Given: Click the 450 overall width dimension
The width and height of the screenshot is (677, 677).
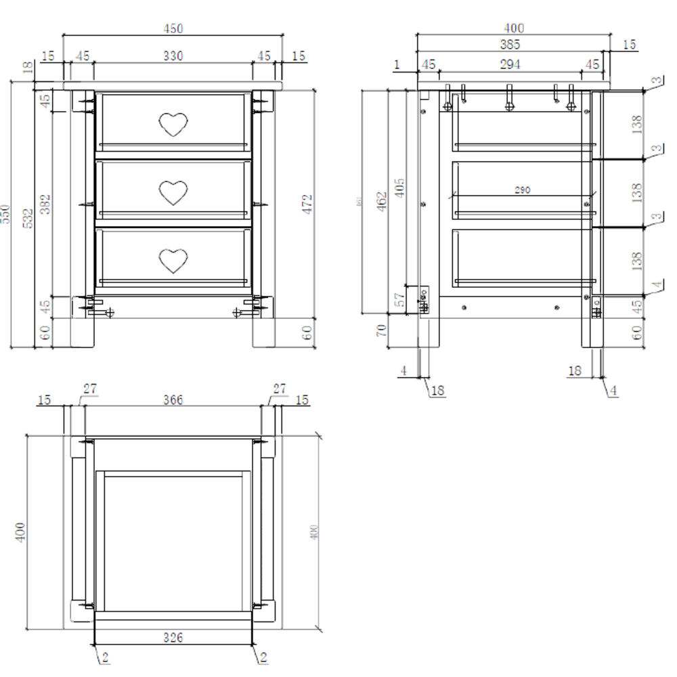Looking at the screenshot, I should coord(173,28).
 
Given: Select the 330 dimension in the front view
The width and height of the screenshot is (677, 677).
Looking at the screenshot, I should coord(173,56).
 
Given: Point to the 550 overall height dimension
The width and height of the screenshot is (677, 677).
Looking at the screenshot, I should coord(7,215).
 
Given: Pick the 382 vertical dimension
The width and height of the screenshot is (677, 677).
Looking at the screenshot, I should coord(45,203).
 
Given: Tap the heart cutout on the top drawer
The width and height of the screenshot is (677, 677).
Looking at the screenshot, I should coord(173,125).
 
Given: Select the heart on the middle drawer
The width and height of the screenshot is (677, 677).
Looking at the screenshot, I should coord(173,192).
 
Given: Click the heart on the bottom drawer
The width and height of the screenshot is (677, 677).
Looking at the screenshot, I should coord(173,260).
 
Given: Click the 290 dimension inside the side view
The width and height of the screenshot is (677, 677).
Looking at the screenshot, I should coord(522,190).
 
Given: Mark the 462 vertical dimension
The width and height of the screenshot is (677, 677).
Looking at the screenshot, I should coord(381,200).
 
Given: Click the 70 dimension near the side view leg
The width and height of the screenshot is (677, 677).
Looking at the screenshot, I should coord(381,330).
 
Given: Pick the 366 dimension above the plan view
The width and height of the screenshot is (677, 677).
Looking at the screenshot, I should coord(173,399).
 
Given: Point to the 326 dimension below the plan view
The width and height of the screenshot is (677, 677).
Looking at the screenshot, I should coord(173,637).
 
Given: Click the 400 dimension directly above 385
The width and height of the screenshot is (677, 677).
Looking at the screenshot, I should coord(514,28).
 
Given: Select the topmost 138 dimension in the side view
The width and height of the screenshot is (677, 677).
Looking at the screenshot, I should coord(636,124).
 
